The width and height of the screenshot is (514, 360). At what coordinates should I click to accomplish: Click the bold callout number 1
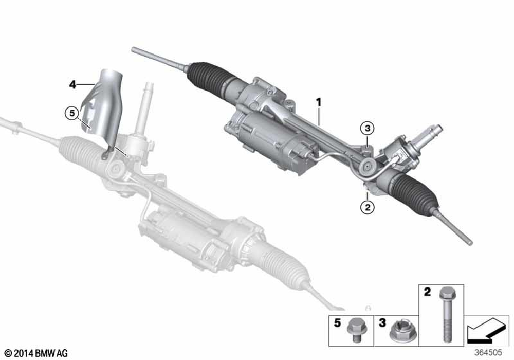coord(318,103)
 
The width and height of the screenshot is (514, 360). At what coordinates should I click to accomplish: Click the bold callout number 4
coord(72,84)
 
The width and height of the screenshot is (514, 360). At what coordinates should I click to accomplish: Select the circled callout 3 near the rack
coord(368,128)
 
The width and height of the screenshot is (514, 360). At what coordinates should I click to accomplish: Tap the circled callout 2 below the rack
coord(368,207)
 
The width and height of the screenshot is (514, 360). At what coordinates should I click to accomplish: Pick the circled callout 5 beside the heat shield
coord(72,114)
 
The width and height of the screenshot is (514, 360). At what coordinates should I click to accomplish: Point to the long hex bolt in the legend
coord(446,314)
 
